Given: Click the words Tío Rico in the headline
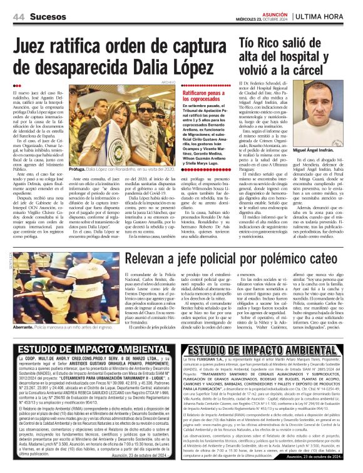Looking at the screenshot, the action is coord(262,42).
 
